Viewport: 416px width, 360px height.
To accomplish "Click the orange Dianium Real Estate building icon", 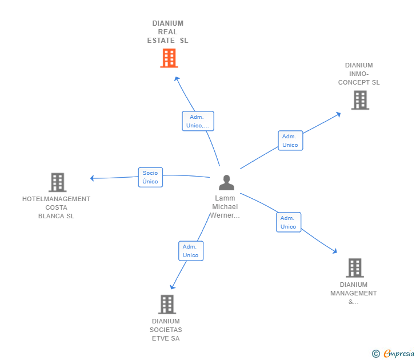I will pyautogui.click(x=169, y=58).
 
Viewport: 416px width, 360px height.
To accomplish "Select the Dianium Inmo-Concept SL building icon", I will pyautogui.click(x=359, y=100).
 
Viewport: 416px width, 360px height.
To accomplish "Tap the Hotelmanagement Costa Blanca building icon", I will pyautogui.click(x=57, y=182).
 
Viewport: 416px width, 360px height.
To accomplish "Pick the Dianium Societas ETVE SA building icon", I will pyautogui.click(x=166, y=304).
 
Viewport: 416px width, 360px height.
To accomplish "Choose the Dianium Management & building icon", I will pyautogui.click(x=354, y=267).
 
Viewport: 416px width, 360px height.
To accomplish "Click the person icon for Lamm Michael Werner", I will pyautogui.click(x=226, y=182).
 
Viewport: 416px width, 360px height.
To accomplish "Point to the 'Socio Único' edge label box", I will pyautogui.click(x=150, y=177).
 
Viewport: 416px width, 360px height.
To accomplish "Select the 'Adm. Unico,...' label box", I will pyautogui.click(x=198, y=121).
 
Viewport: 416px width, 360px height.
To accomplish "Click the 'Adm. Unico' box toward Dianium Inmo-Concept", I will pyautogui.click(x=290, y=141).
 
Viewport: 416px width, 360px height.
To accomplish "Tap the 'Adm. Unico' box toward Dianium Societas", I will pyautogui.click(x=190, y=251).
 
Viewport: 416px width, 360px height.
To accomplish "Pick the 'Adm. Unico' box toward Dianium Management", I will pyautogui.click(x=289, y=222).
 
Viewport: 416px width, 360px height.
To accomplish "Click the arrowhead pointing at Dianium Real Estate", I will pyautogui.click(x=177, y=78).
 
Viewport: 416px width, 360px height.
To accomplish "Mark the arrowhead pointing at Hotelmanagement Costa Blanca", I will pyautogui.click(x=92, y=178).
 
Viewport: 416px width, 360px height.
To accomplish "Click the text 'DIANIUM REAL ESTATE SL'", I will pyautogui.click(x=167, y=32).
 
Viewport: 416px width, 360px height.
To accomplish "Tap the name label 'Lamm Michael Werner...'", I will pyautogui.click(x=225, y=207).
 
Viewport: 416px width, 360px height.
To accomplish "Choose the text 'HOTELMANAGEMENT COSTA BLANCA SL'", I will pyautogui.click(x=56, y=207).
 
